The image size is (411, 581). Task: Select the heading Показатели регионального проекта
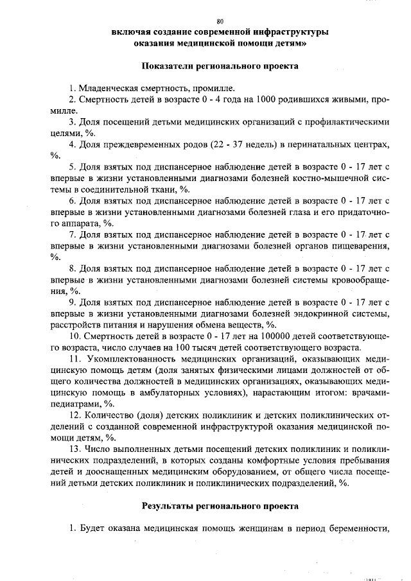[x=220, y=66]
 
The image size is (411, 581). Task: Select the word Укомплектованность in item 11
[x=128, y=359]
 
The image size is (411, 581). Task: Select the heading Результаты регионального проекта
[x=220, y=507]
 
